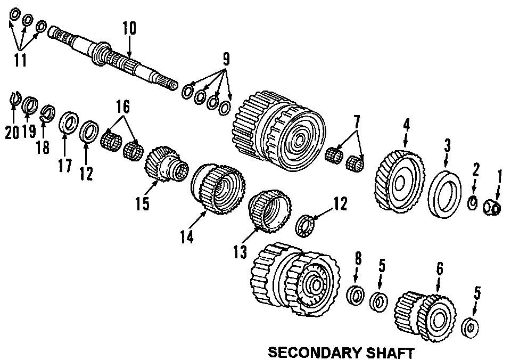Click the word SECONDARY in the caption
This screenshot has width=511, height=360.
309,352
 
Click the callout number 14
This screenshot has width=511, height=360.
187,236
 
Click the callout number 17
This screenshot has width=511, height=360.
64,166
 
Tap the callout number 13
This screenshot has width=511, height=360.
240,251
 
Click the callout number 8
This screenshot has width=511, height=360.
358,260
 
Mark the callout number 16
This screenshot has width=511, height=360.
123,107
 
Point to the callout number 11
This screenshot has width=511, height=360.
20,60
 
